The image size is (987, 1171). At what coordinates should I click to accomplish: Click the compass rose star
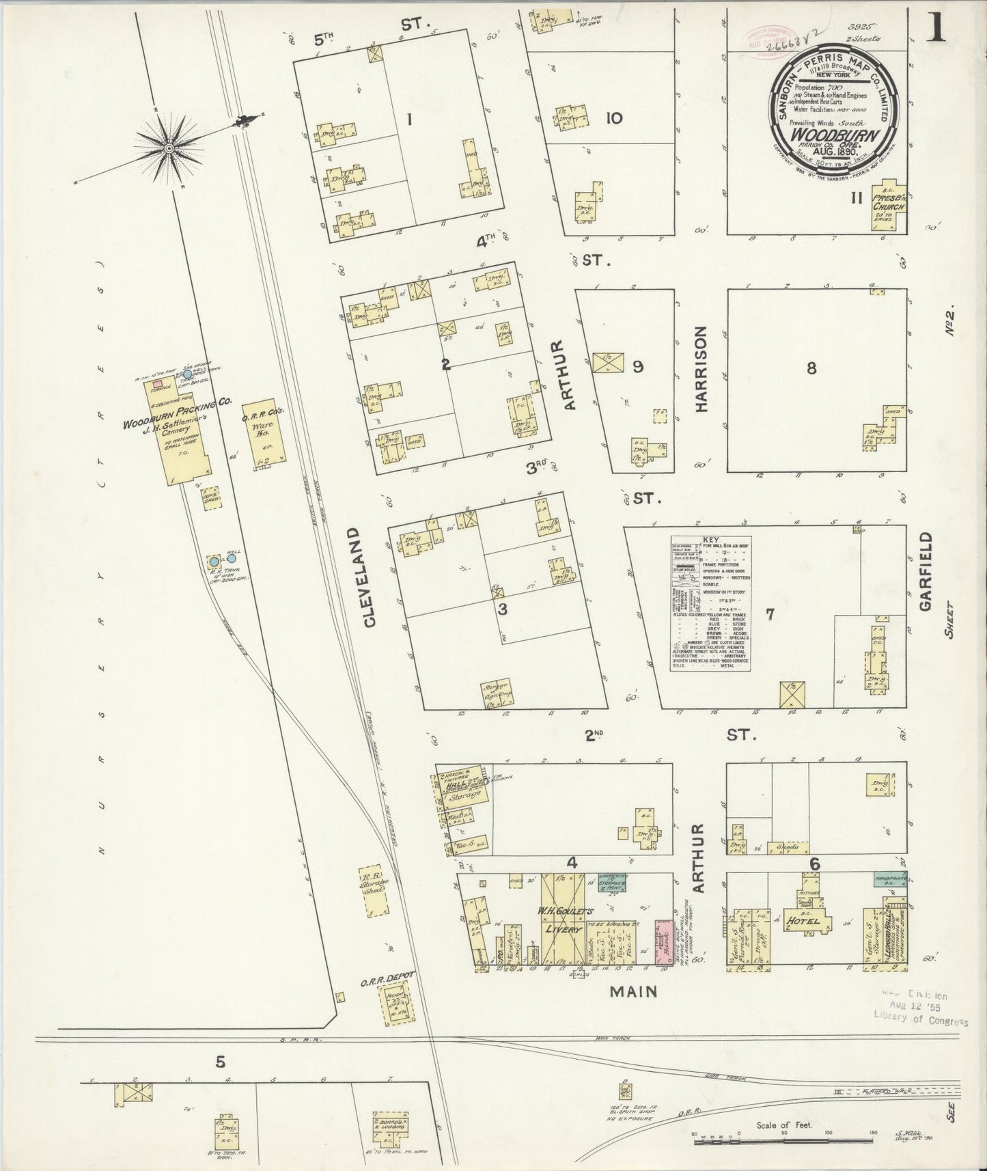pyautogui.click(x=167, y=148)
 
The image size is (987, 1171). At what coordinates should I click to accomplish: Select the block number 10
pyautogui.click(x=613, y=118)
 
